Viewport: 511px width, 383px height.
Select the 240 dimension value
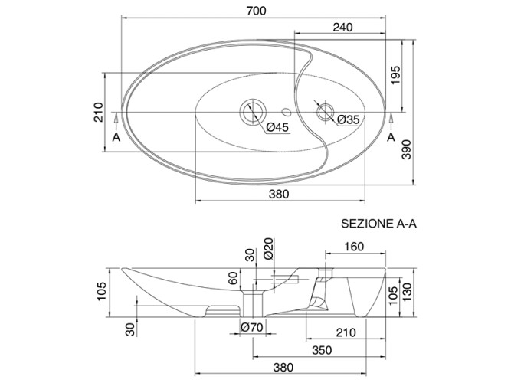pos(342,27)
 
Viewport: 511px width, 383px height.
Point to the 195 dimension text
pos(395,74)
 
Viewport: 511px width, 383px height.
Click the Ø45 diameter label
pos(277,127)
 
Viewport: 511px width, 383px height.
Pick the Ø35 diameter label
pos(347,119)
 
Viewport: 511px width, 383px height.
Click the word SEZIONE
pos(366,224)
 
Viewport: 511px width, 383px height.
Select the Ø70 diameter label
pos(251,328)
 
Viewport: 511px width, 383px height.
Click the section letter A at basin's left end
pos(116,137)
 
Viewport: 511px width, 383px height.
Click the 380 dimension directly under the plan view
pos(279,195)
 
